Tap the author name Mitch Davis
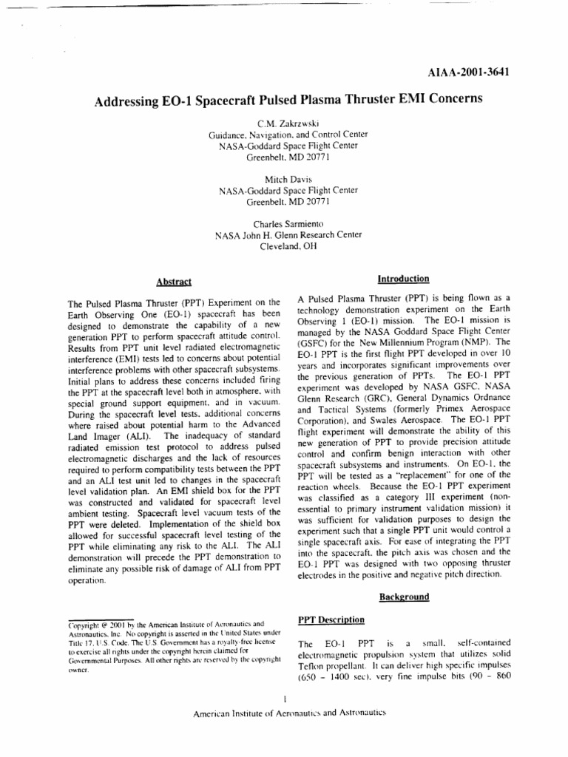coord(283,180)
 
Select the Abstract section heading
coord(174,282)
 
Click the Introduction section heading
coord(403,279)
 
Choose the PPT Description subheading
coord(331,619)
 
